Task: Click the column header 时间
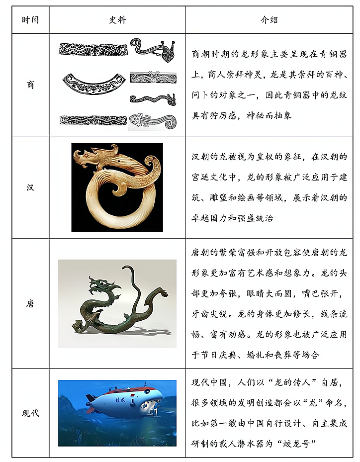tap(30, 20)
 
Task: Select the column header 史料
tap(117, 20)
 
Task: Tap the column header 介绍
tap(270, 20)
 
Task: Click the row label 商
tap(30, 85)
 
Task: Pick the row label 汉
tap(30, 187)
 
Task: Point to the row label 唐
tap(30, 303)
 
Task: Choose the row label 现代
tap(30, 413)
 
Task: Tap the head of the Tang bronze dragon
tap(100, 284)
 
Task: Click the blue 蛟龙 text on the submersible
tap(120, 400)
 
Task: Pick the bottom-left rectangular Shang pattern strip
tap(93, 120)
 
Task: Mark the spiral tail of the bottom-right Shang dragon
tap(170, 122)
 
